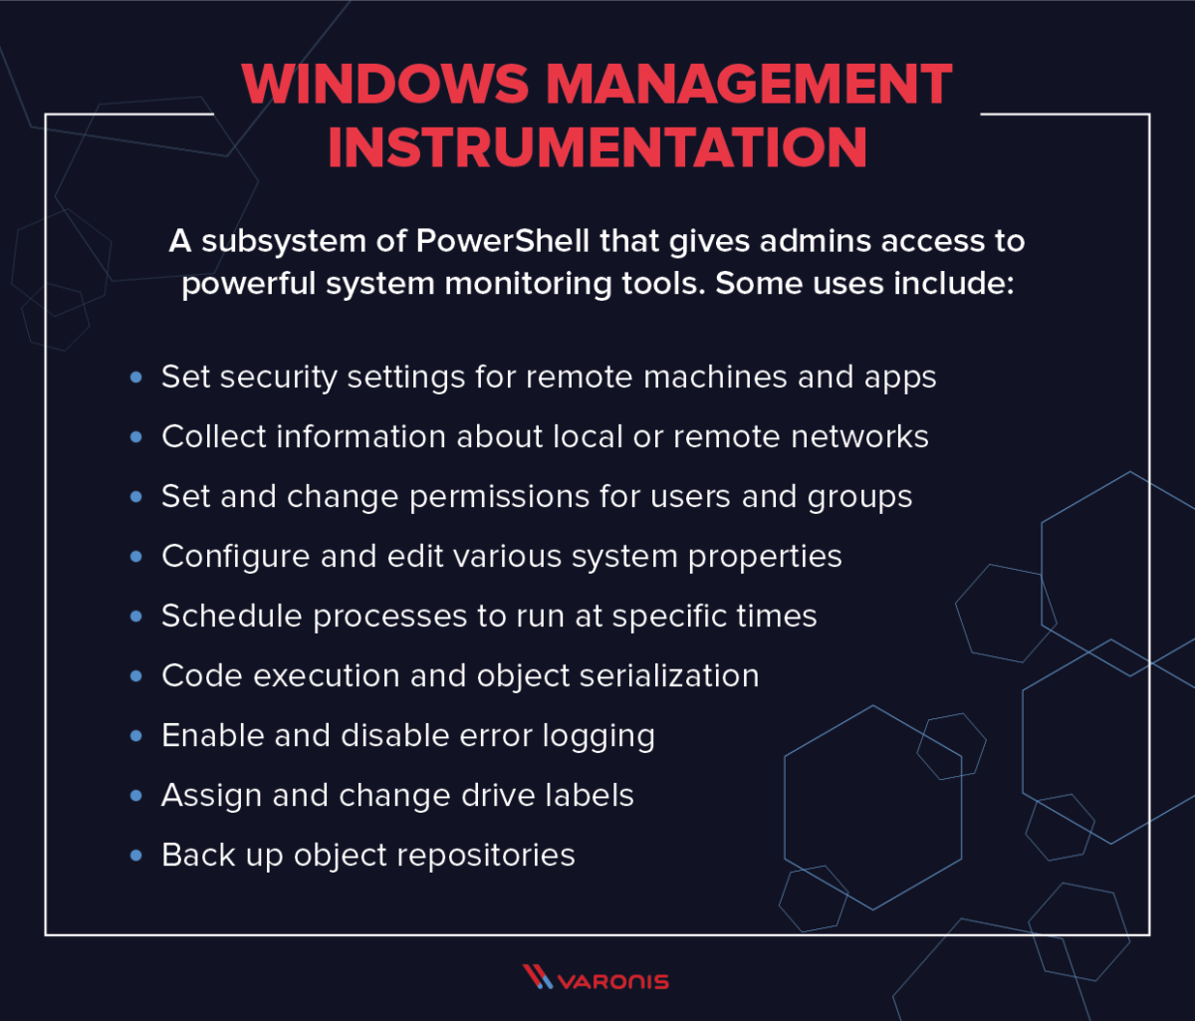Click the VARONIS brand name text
612,980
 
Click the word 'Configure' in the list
235,556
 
